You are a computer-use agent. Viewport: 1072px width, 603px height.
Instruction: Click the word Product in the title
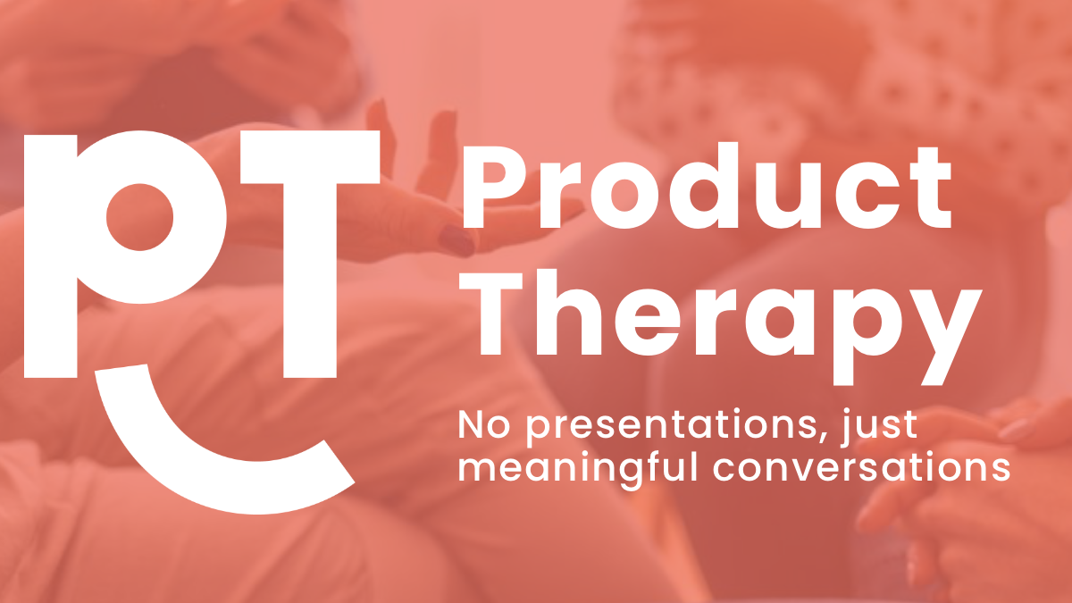pos(707,187)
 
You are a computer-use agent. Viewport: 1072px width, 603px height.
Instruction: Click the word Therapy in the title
pos(721,327)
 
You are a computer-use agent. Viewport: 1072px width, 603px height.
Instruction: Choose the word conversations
pos(861,466)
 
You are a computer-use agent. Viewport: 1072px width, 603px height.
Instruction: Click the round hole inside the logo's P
pos(139,217)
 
